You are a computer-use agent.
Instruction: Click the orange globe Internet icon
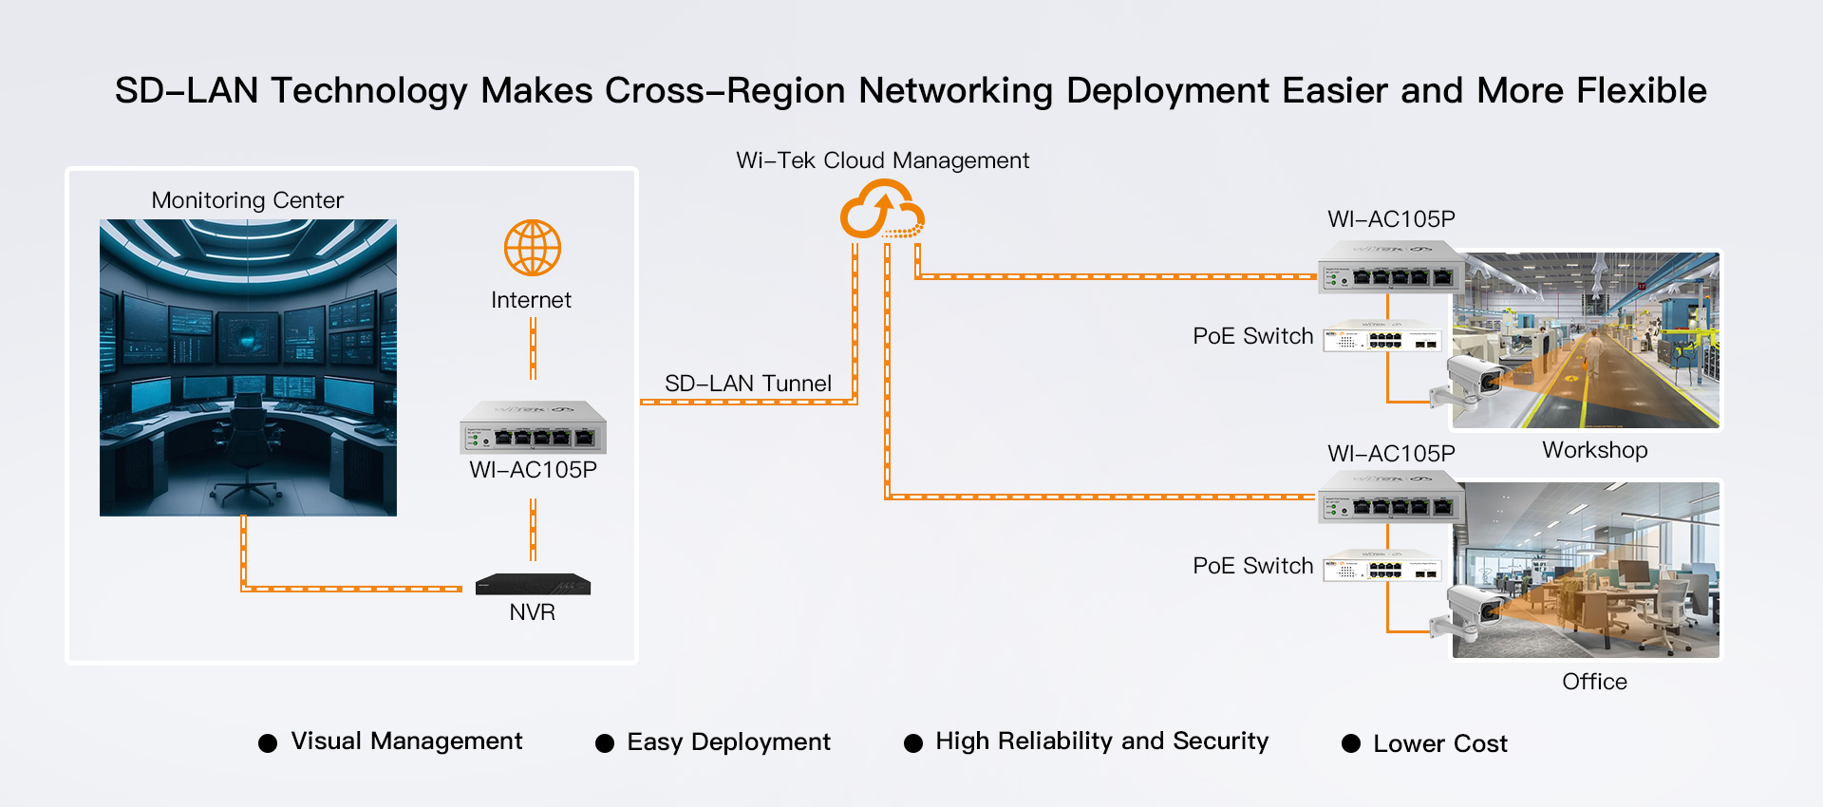532,248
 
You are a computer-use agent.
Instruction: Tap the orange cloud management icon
882,212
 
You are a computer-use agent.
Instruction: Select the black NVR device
533,584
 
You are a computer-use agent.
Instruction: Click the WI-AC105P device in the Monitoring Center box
533,428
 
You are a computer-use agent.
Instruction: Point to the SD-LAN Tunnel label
748,384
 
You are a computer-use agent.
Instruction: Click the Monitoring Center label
247,200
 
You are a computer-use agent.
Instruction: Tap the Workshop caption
1594,450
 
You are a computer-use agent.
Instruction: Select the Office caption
1594,682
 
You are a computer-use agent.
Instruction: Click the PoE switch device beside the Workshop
1383,337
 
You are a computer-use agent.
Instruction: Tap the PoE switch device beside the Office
1383,567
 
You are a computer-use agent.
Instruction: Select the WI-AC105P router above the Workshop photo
1391,267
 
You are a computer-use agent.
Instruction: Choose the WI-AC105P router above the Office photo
1391,497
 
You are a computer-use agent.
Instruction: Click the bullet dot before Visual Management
268,743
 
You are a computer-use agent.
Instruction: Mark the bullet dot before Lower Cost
1351,743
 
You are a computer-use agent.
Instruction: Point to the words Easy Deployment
728,742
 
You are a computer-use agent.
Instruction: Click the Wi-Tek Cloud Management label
882,160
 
